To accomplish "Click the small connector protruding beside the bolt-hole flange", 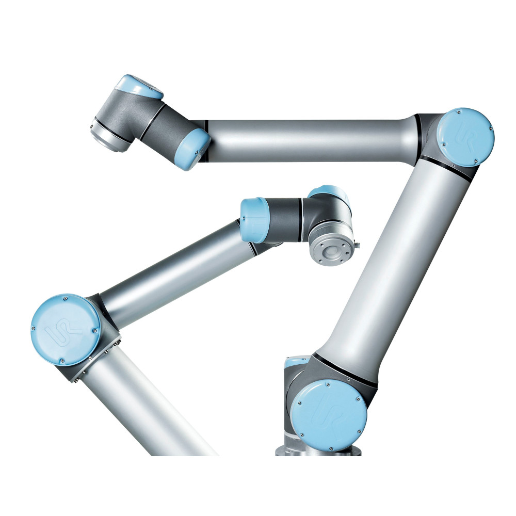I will pyautogui.click(x=356, y=246).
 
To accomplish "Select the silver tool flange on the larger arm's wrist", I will pyautogui.click(x=109, y=135).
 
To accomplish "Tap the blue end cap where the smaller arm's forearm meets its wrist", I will pyautogui.click(x=254, y=220).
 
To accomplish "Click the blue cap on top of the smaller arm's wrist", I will pyautogui.click(x=328, y=195).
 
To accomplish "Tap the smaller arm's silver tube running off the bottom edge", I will pyautogui.click(x=150, y=413).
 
